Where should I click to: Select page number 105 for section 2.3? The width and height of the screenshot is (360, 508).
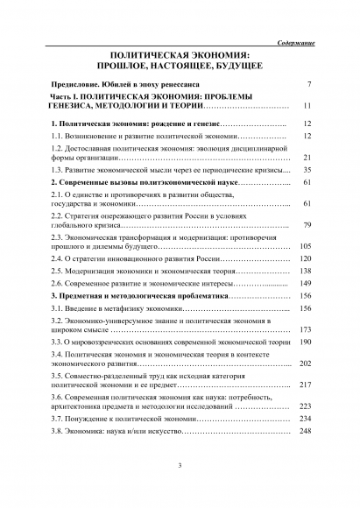point(306,247)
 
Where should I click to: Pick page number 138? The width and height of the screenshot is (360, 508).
point(306,272)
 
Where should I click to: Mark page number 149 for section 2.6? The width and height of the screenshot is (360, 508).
point(306,284)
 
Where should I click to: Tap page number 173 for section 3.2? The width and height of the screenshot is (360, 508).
point(306,330)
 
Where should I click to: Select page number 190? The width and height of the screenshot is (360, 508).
point(306,342)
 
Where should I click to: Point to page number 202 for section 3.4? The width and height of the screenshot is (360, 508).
point(306,363)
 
